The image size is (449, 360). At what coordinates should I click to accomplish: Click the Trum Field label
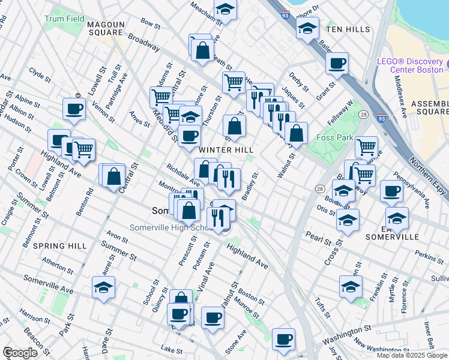[x=64, y=19]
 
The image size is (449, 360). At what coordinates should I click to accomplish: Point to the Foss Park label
[x=333, y=138]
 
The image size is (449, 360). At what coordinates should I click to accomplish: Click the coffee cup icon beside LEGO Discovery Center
[x=337, y=62]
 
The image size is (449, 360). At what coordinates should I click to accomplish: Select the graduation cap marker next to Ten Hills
[x=307, y=28]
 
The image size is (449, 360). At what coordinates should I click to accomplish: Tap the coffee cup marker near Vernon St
[x=74, y=109]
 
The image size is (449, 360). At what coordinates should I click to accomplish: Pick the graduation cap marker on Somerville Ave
[x=104, y=287]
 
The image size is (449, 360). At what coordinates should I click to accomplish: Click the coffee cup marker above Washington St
[x=283, y=338]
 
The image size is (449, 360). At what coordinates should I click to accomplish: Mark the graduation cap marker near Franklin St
[x=351, y=286]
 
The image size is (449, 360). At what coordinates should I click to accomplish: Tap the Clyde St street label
[x=40, y=75]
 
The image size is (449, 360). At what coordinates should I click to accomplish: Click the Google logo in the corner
[x=19, y=353]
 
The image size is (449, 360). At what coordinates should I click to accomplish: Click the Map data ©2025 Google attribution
[x=412, y=355]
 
